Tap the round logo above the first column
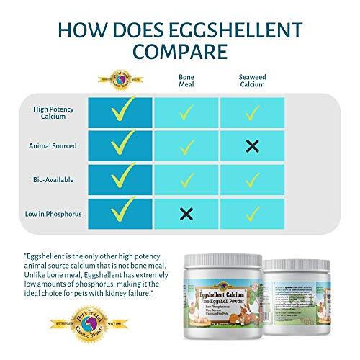tap(120, 78)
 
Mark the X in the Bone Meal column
tap(186, 213)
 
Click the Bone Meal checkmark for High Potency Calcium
tap(186, 112)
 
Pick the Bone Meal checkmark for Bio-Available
tap(186, 179)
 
